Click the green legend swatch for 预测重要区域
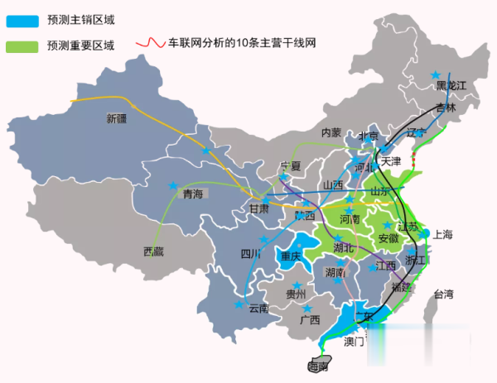click(x=23, y=45)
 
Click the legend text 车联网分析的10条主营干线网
click(x=241, y=42)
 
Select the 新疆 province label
click(x=118, y=118)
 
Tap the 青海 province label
click(x=192, y=194)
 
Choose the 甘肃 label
click(x=258, y=209)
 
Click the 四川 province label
click(x=250, y=253)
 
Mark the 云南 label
click(x=258, y=309)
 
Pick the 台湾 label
click(x=444, y=294)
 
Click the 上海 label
click(x=442, y=235)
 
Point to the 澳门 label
click(x=355, y=341)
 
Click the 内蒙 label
click(x=331, y=132)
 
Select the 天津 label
click(x=391, y=160)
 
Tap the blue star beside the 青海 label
click(x=172, y=184)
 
